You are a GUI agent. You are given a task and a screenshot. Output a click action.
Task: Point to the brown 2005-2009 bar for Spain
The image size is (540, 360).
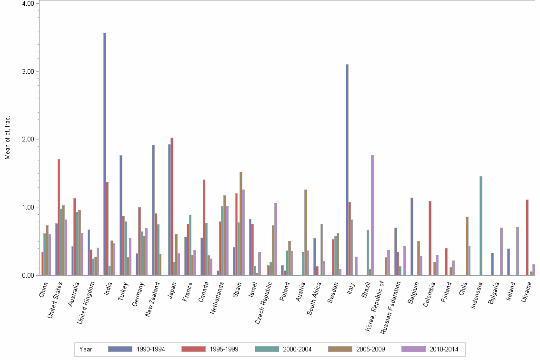[241, 223]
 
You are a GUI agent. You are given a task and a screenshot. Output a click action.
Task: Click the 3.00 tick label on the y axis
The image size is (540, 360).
[28, 71]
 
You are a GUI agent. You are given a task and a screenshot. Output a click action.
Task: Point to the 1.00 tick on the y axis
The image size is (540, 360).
[28, 208]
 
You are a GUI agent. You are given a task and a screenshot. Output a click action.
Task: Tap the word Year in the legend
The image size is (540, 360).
[86, 349]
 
